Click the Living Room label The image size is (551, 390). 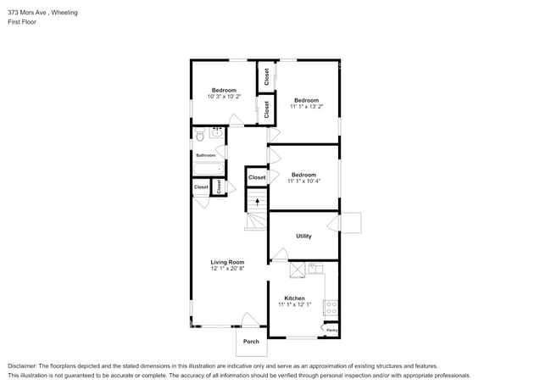tap(227, 262)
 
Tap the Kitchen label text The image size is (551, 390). tap(294, 298)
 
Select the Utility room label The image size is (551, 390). tap(303, 236)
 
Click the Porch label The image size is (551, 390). tap(251, 342)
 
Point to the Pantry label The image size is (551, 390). tap(331, 330)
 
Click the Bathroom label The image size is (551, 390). tap(206, 155)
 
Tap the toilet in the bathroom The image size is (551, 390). tap(200, 134)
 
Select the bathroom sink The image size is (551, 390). tap(217, 132)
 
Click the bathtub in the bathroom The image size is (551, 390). tap(207, 170)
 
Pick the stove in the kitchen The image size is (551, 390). tap(331, 308)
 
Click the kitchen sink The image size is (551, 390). tap(315, 269)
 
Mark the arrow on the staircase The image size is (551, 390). tap(257, 202)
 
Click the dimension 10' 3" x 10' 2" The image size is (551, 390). tap(224, 97)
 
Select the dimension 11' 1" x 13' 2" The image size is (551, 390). tap(306, 107)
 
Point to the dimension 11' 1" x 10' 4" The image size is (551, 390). tap(303, 181)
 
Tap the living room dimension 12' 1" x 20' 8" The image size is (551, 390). tap(227, 269)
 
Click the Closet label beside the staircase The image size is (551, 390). tap(257, 177)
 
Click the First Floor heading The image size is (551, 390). tap(22, 22)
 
